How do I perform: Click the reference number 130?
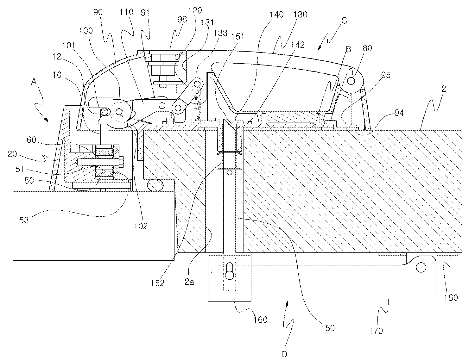click(301, 15)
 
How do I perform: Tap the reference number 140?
click(276, 15)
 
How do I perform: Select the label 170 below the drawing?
click(376, 331)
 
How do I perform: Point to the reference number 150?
click(327, 328)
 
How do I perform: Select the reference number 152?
click(158, 282)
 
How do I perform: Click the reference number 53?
click(24, 220)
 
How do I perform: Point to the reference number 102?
click(141, 226)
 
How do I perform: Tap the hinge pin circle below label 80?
click(351, 81)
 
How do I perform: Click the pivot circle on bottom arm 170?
click(421, 267)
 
